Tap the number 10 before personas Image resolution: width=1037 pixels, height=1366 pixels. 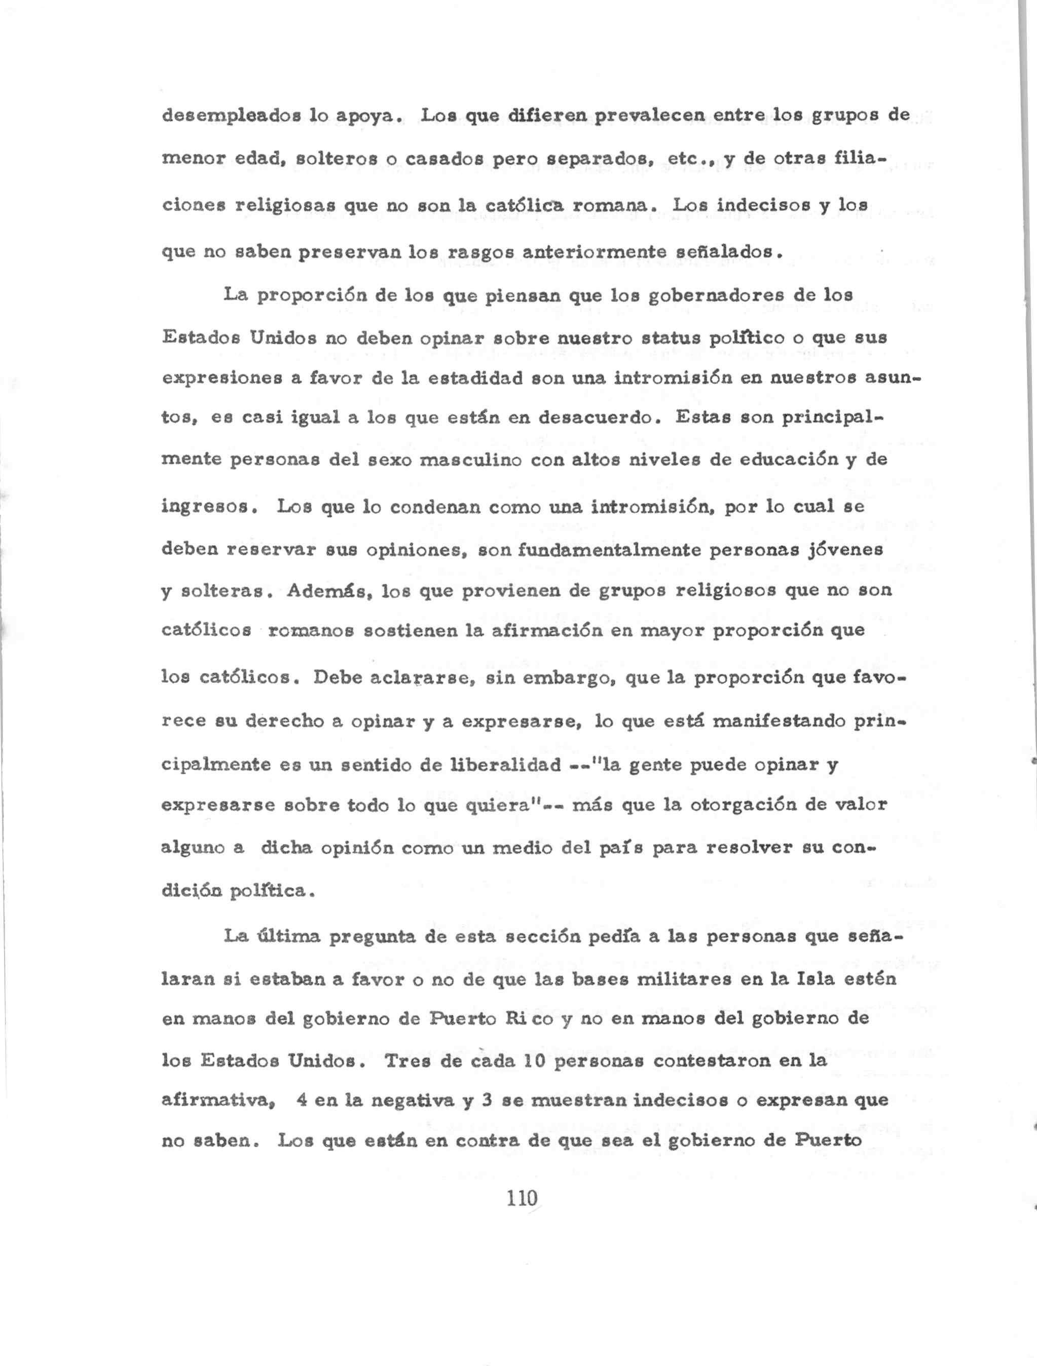pos(510,1061)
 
